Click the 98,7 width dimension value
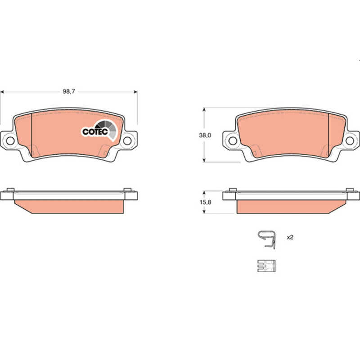(69, 91)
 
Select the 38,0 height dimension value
(205, 135)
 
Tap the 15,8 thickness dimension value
(205, 202)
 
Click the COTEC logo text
(95, 132)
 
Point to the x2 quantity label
(290, 237)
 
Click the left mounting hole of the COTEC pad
(10, 141)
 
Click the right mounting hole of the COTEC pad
(127, 141)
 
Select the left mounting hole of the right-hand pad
(233, 141)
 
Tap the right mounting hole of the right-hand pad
(350, 141)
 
